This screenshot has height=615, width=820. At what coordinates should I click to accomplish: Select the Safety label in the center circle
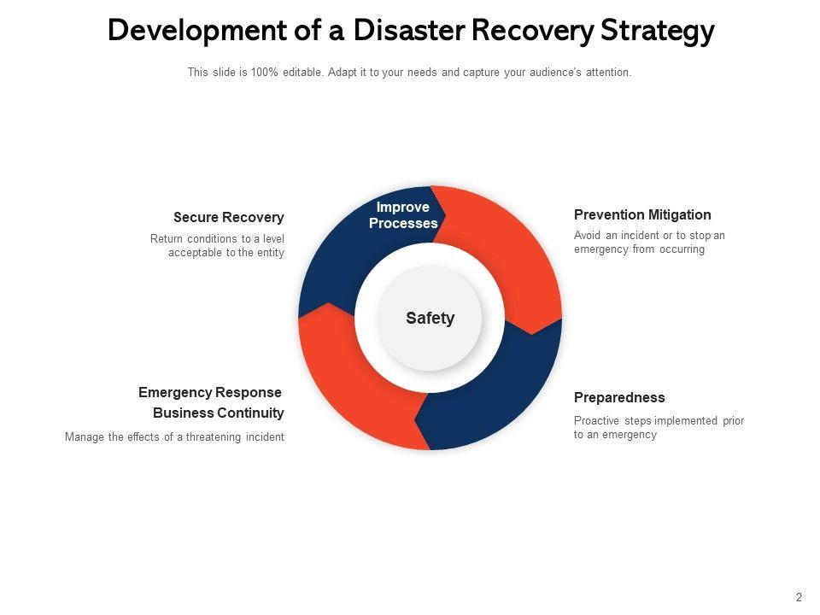430,318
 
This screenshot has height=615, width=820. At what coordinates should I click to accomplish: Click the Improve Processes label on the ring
403,215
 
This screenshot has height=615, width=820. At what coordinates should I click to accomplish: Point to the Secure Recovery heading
228,218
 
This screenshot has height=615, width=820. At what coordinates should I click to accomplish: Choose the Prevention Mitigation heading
642,214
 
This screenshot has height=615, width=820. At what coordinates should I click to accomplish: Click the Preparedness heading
619,397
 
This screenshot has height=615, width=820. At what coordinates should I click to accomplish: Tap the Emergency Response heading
210,392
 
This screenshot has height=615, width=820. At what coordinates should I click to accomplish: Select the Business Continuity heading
219,413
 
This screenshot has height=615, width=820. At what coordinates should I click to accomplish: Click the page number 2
799,597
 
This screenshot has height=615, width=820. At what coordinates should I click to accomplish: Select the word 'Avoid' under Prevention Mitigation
589,236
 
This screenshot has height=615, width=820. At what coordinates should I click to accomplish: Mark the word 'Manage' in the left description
85,436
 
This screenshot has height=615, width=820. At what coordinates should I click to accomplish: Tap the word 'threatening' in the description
215,436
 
